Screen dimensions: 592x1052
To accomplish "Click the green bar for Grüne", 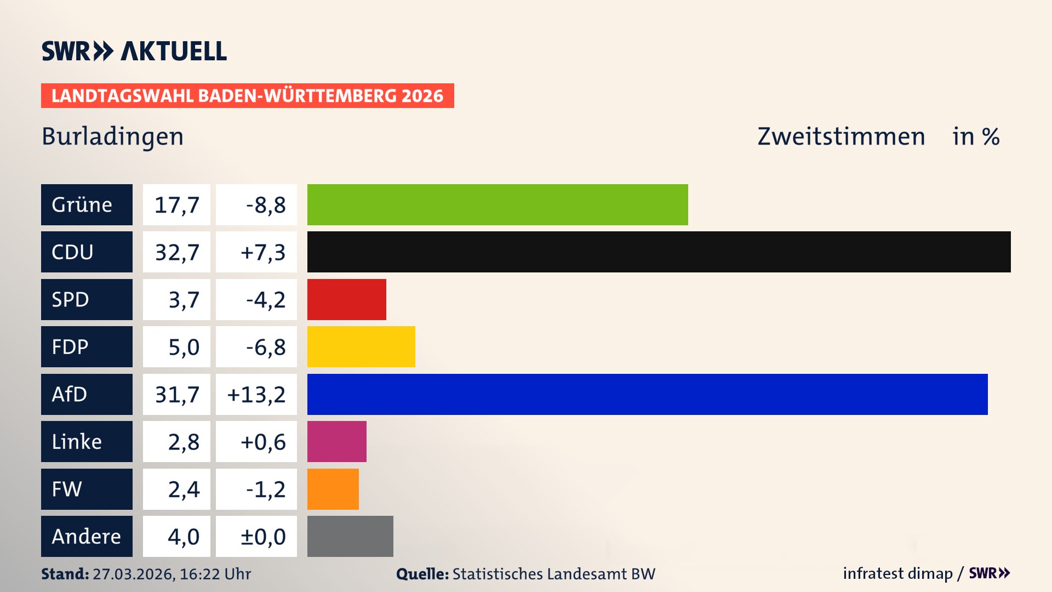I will coord(498,204).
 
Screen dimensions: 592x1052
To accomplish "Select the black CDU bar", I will coord(659,252).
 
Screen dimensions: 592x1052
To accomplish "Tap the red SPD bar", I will coord(346,299).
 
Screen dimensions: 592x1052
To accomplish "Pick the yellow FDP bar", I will coord(361,346).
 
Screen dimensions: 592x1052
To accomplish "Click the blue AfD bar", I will coord(647,394).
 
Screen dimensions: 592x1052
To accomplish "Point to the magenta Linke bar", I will coord(336,441).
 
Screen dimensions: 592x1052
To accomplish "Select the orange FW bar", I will coord(333,489).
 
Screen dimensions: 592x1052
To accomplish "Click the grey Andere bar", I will coord(350,536).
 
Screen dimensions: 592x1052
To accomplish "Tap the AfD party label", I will coord(87,394).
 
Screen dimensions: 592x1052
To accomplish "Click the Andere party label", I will coord(87,536).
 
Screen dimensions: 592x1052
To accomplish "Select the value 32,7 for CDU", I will coord(176,252).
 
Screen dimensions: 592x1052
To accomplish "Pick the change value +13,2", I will coord(256,394).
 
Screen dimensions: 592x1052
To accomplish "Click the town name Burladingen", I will coord(112,136).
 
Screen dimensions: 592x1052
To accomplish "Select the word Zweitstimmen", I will coord(841,136).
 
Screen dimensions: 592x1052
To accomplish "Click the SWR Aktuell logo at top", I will coord(134,51).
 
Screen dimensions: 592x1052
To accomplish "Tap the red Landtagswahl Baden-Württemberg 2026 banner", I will coord(247,95).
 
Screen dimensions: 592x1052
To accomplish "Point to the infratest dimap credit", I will coord(897,573).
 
